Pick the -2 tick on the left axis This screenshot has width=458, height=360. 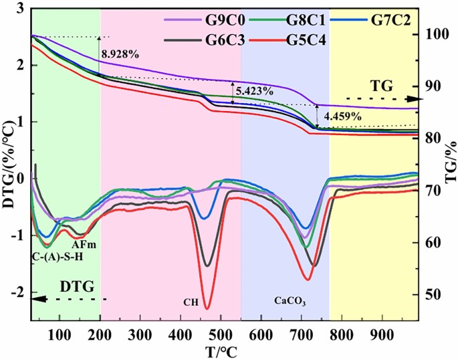(x=19, y=292)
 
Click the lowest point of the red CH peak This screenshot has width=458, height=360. (x=207, y=308)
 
